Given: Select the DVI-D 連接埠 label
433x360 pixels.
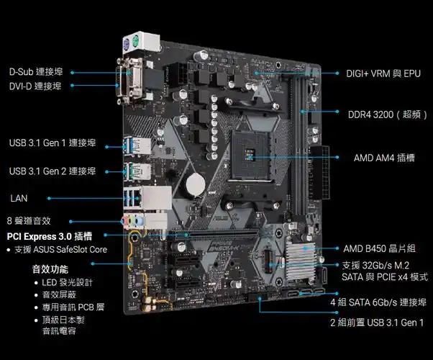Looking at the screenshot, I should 35,86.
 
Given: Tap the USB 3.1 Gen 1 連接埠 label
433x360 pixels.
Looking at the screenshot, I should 53,143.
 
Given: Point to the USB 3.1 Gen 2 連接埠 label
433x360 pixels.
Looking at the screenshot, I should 53,171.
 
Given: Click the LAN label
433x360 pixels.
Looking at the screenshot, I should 19,197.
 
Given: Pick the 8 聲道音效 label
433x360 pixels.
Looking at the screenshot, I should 29,220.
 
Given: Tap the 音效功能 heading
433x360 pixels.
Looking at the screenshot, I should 50,269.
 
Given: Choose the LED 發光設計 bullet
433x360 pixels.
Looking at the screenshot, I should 71,282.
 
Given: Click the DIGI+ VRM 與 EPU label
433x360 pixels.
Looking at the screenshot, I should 383,73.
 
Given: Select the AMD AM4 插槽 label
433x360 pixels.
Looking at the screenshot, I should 384,157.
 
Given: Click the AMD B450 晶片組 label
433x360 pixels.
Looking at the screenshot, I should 379,248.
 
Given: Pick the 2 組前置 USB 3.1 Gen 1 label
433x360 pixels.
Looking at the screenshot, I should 377,323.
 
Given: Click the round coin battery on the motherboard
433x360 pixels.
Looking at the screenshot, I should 191,184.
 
